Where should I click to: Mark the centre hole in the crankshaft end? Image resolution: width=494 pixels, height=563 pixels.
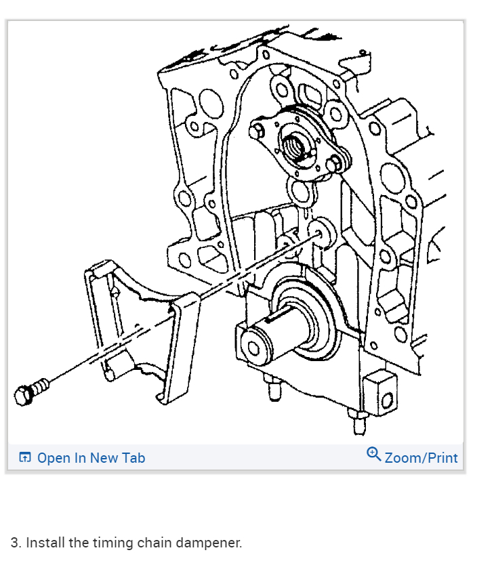(x=253, y=348)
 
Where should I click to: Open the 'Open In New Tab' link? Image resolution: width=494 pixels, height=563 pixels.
(x=91, y=458)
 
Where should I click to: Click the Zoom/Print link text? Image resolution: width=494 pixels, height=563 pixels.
(x=421, y=458)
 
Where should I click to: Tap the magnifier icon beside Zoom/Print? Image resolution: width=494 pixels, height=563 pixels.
(x=373, y=454)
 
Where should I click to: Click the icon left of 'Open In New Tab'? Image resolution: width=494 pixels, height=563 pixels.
(x=25, y=458)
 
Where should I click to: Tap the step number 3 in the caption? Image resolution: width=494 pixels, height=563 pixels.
(x=15, y=543)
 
